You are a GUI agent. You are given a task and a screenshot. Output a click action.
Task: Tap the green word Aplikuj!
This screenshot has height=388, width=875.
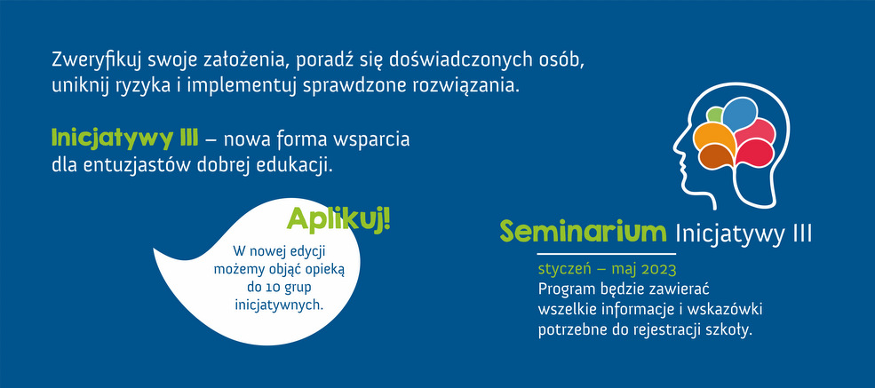[x=338, y=220]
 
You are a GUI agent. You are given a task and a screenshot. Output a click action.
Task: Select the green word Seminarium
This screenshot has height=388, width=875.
[x=583, y=233]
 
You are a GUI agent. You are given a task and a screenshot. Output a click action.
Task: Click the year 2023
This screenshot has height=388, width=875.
[x=659, y=270]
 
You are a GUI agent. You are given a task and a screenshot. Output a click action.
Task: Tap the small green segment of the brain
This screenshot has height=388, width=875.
[x=715, y=115]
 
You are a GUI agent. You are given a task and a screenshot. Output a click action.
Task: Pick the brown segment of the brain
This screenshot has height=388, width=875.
[x=717, y=156]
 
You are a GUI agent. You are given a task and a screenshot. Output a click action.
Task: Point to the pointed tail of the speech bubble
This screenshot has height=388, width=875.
[x=155, y=252]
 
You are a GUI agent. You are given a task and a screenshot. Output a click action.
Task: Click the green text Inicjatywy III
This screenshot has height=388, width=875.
[x=124, y=139]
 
